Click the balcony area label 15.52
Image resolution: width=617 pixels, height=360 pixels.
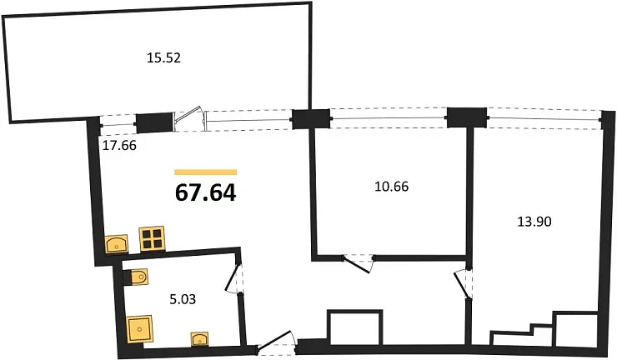click(x=163, y=58)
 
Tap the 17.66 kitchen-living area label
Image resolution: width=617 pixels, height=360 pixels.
click(x=119, y=146)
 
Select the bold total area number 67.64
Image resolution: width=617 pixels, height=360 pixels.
click(x=205, y=192)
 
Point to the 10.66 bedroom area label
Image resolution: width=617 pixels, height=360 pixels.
click(x=392, y=186)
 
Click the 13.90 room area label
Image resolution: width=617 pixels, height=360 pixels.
click(x=534, y=222)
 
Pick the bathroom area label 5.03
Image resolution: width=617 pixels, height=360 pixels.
click(x=183, y=300)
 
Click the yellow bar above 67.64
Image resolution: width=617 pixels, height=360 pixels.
click(x=205, y=172)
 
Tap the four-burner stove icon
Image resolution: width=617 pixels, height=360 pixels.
click(x=152, y=239)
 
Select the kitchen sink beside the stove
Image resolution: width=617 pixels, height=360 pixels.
click(x=117, y=243)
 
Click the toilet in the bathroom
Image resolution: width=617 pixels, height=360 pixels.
click(x=136, y=277)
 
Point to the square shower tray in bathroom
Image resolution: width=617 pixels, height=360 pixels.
click(x=140, y=330)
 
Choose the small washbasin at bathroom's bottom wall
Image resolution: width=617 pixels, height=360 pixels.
click(x=200, y=339)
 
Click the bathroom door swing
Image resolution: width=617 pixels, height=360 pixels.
click(x=232, y=277)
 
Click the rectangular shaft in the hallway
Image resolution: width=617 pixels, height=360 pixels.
click(x=355, y=327)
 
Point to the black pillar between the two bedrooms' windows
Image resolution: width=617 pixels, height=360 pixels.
click(x=466, y=117)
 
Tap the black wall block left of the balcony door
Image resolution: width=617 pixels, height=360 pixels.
click(x=154, y=122)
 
